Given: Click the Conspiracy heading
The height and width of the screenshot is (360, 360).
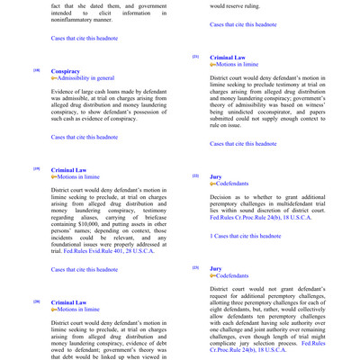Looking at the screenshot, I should click(66, 70).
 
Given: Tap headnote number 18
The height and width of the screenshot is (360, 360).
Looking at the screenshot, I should click(36, 70).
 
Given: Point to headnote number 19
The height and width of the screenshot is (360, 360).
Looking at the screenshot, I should click(36, 169).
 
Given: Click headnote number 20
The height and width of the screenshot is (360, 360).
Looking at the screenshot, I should click(36, 302).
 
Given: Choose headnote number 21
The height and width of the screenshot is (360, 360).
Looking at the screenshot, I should click(195, 57).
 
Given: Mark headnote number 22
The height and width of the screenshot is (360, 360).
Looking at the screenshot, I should click(195, 176).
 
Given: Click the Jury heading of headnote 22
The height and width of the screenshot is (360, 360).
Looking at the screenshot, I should click(216, 176).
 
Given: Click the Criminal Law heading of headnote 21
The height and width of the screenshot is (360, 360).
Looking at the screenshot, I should click(228, 57).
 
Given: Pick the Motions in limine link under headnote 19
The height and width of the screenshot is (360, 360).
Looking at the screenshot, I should click(79, 177).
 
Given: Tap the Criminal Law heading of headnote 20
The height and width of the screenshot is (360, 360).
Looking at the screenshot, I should click(69, 302).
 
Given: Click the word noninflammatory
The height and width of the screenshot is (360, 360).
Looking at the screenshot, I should click(80, 22).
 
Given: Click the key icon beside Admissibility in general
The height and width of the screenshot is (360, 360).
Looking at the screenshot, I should click(55, 78).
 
